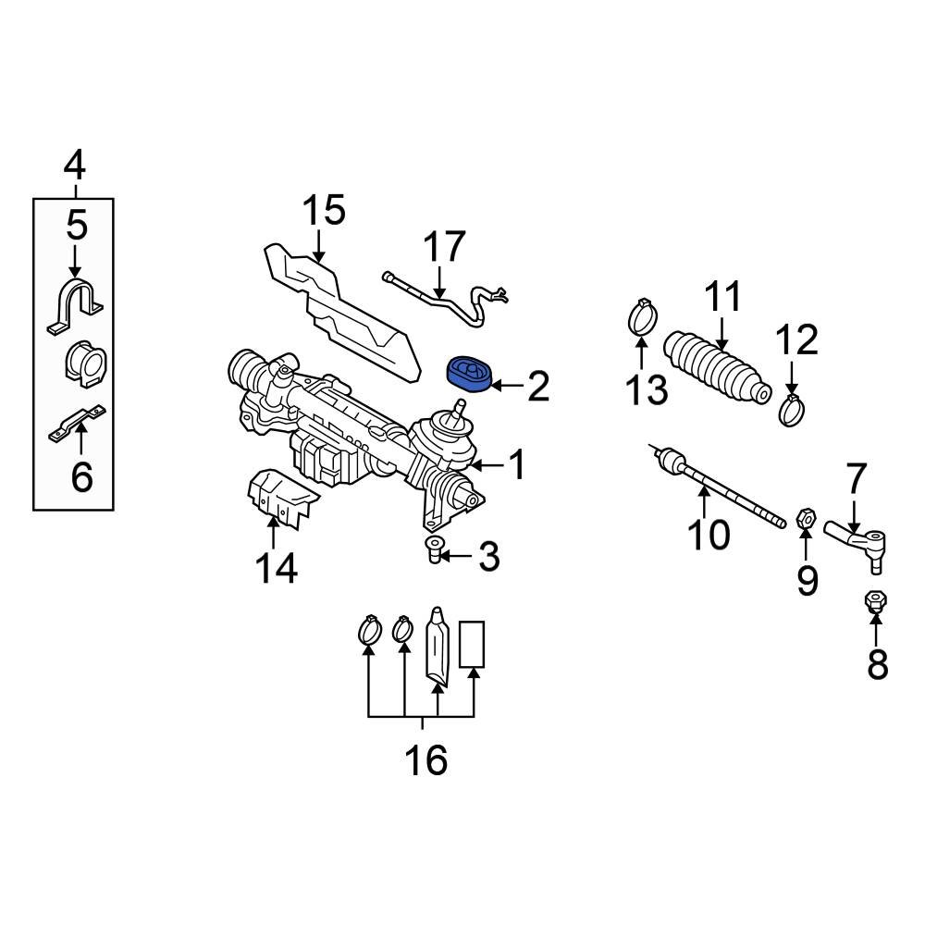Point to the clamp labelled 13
[643, 317]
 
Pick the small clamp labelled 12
[792, 409]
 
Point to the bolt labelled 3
[433, 550]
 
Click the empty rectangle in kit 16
[473, 645]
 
